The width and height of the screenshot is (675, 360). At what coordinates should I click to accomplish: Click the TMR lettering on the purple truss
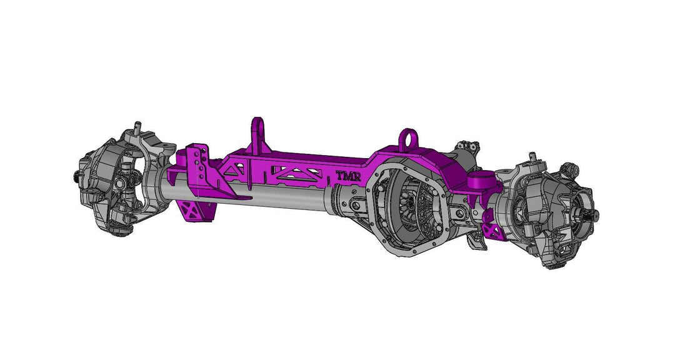(349, 177)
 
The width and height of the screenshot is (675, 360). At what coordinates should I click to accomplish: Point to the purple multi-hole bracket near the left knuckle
(199, 164)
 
